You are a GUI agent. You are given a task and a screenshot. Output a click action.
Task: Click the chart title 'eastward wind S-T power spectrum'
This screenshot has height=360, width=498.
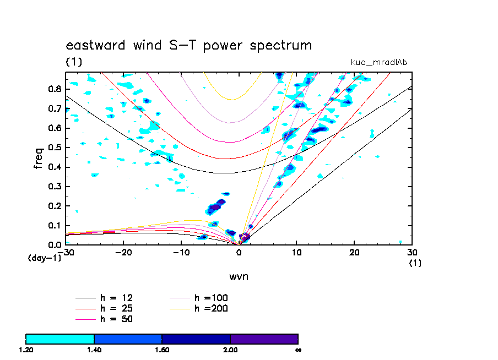pos(188,45)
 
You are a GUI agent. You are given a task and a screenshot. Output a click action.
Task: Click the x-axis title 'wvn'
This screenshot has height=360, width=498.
pos(239,276)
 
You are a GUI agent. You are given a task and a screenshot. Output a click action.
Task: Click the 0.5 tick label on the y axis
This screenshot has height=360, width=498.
pos(54,147)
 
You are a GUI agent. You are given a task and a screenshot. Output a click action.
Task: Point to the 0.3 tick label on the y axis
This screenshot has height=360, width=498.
pos(54,186)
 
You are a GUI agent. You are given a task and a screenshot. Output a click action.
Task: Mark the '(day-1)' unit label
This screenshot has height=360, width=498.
pos(45,258)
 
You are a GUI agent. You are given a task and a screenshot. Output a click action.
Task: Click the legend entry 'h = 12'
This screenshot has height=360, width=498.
pos(116,298)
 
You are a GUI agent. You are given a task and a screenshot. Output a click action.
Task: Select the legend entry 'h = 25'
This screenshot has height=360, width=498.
pos(116,308)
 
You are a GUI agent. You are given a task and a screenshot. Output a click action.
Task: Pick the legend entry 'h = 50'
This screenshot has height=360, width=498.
pos(116,319)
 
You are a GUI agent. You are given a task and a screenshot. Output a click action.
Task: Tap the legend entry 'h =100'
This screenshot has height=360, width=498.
pos(211,298)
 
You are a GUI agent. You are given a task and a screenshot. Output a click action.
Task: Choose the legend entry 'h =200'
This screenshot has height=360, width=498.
pos(211,308)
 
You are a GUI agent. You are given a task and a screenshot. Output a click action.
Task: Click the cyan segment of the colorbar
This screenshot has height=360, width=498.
pos(60,339)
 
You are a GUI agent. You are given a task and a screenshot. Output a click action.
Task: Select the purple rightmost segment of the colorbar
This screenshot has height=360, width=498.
pos(264,339)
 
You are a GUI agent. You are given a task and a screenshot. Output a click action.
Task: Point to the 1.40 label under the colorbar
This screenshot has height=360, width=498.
pos(94,350)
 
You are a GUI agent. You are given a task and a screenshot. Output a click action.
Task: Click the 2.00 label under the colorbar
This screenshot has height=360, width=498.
pos(230,350)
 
